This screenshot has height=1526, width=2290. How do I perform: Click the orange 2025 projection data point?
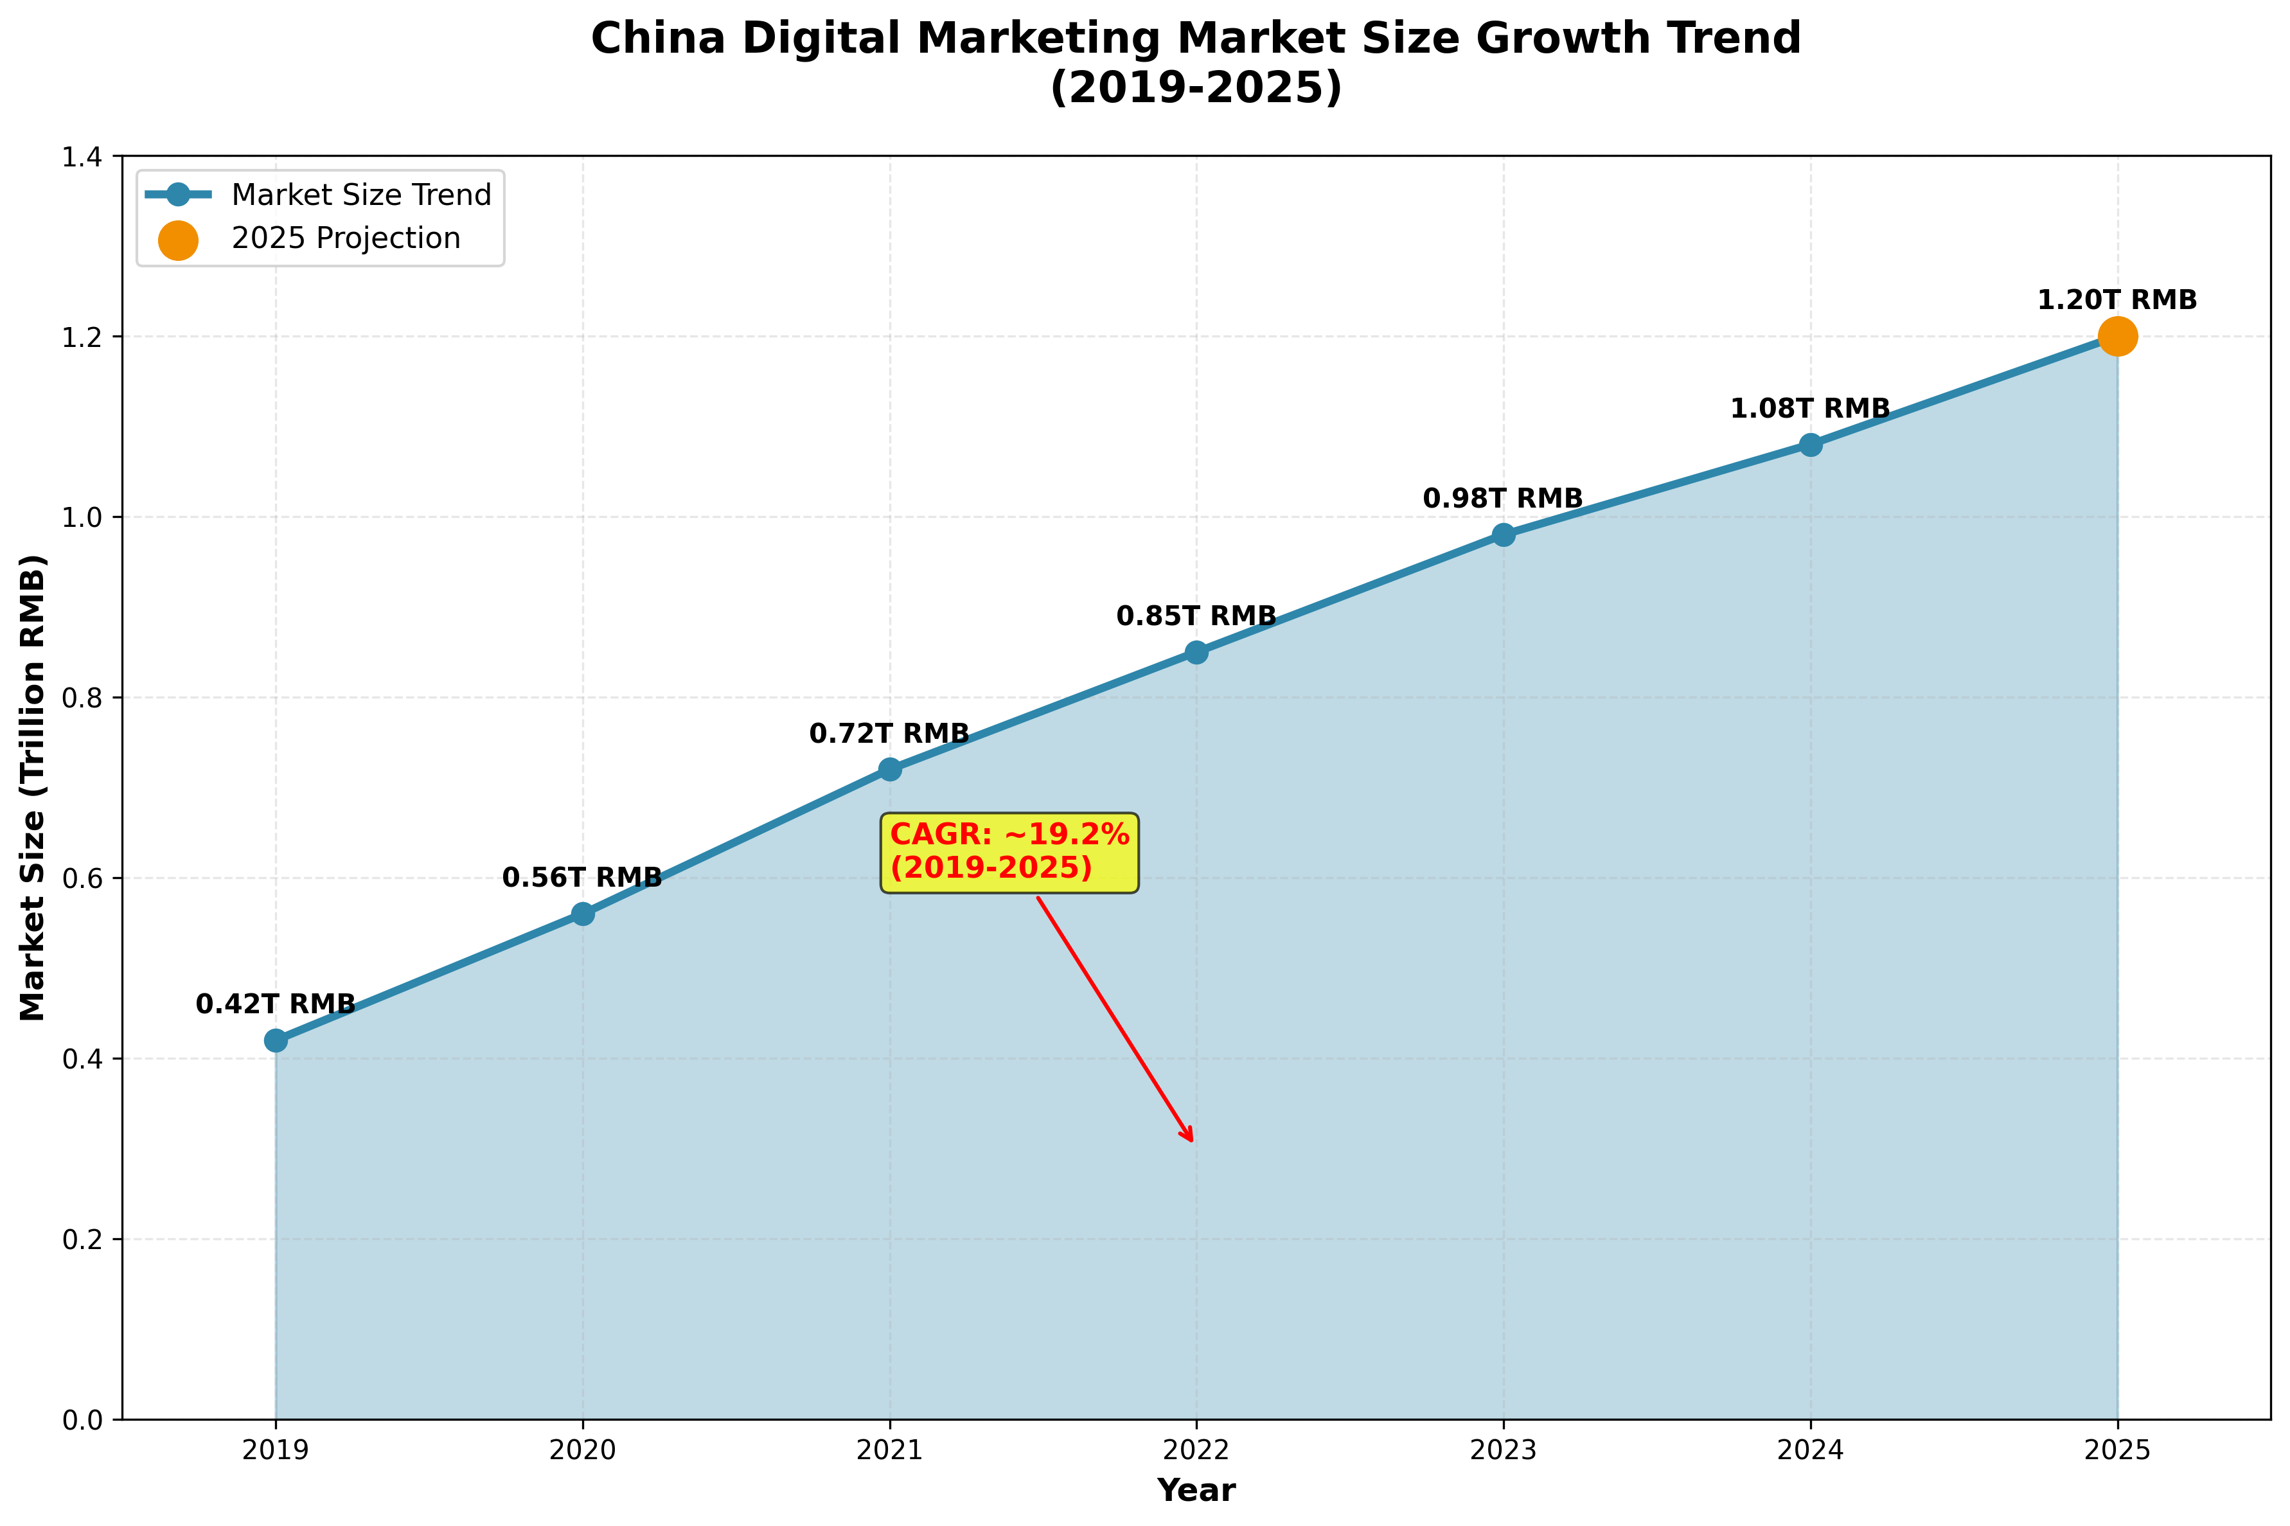click(x=2117, y=337)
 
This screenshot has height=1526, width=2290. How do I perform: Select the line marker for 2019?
click(x=276, y=1040)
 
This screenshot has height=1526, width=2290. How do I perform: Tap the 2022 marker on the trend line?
click(x=1196, y=652)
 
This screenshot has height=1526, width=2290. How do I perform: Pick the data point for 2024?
click(x=1810, y=445)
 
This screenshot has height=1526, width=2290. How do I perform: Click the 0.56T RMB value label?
click(x=582, y=878)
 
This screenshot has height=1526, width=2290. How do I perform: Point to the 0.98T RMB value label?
click(x=1503, y=499)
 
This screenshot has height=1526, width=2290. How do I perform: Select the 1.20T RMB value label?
click(x=2117, y=301)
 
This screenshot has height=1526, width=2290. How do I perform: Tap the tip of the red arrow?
click(x=1192, y=1140)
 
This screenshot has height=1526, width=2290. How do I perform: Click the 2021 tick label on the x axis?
click(x=889, y=1451)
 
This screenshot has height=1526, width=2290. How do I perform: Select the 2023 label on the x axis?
click(x=1503, y=1451)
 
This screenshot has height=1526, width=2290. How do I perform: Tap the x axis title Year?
click(x=1196, y=1491)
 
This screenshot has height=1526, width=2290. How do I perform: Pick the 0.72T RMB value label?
click(x=889, y=734)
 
